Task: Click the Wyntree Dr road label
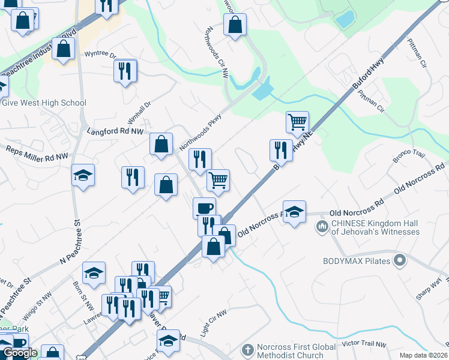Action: pos(101,54)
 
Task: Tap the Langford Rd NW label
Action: pos(116,130)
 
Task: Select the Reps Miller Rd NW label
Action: pos(37,152)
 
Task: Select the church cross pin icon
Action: pos(247,349)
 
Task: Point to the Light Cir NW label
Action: pos(213,317)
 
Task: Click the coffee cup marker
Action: pos(204,208)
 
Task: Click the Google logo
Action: pos(20,352)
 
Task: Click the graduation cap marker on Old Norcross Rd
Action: pos(294,212)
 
